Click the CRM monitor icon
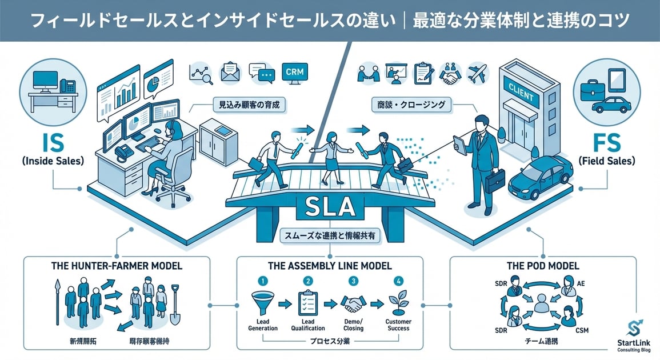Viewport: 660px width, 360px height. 295,73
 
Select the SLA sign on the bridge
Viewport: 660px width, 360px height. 330,207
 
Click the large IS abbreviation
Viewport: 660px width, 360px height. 52,141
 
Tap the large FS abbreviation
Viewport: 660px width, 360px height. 607,141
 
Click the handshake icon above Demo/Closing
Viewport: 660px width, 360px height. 353,303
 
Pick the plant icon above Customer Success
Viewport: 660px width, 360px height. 397,302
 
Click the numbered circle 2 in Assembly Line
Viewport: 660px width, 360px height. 308,281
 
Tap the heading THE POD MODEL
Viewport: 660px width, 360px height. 543,266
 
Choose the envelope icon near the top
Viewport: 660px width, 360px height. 230,73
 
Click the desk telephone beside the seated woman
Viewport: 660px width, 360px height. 123,152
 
